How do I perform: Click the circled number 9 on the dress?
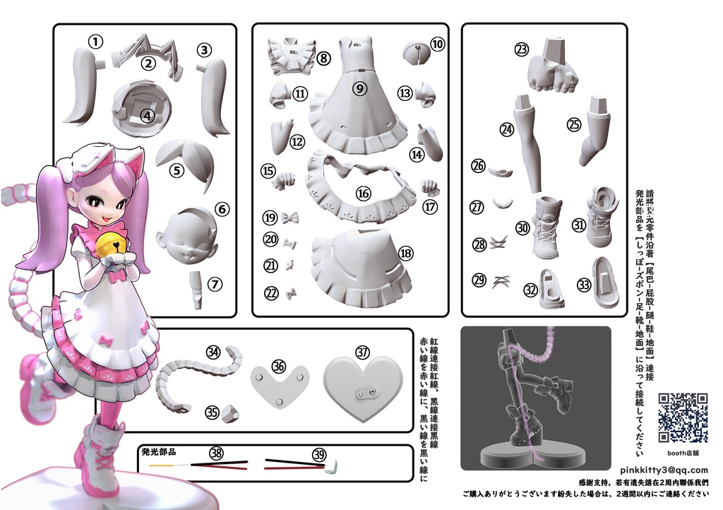(359, 88)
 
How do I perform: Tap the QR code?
(683, 417)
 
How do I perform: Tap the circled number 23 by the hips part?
(522, 49)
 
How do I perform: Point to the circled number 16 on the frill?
(364, 193)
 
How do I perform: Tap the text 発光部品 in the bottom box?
(158, 451)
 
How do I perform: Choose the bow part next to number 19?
(289, 218)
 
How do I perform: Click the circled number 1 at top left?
(96, 41)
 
